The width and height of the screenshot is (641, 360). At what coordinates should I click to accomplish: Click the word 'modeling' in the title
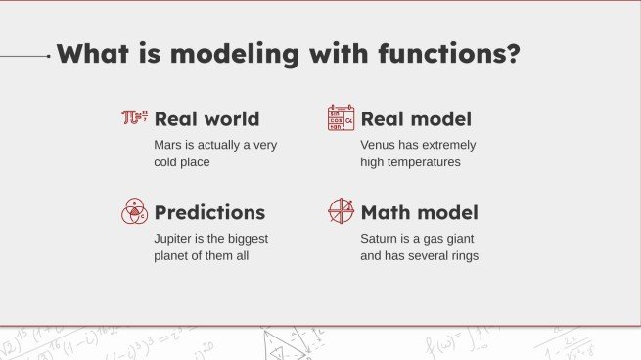pyautogui.click(x=248, y=53)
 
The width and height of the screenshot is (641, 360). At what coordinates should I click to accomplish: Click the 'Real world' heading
pyautogui.click(x=206, y=119)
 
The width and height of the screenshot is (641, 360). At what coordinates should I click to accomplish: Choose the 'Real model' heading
pyautogui.click(x=416, y=119)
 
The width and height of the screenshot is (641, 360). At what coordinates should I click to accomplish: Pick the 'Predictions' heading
pyautogui.click(x=209, y=212)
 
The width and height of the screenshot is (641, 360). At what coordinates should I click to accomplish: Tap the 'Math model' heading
pyautogui.click(x=419, y=212)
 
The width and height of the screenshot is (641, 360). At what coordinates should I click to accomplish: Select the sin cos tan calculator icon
pyautogui.click(x=341, y=118)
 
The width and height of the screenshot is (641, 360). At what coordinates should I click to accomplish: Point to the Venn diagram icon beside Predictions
pyautogui.click(x=134, y=211)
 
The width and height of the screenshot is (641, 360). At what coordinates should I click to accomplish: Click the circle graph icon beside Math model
pyautogui.click(x=341, y=211)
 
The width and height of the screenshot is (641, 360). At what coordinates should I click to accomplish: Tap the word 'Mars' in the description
pyautogui.click(x=169, y=145)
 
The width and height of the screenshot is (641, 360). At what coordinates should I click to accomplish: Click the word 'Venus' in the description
pyautogui.click(x=379, y=145)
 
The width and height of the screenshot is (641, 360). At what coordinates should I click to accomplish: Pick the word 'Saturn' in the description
pyautogui.click(x=381, y=238)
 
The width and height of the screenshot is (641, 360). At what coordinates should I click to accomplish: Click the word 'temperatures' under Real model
pyautogui.click(x=425, y=162)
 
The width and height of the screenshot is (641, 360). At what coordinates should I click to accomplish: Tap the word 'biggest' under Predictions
pyautogui.click(x=246, y=238)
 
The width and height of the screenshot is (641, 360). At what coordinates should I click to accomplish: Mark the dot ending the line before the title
pyautogui.click(x=49, y=56)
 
